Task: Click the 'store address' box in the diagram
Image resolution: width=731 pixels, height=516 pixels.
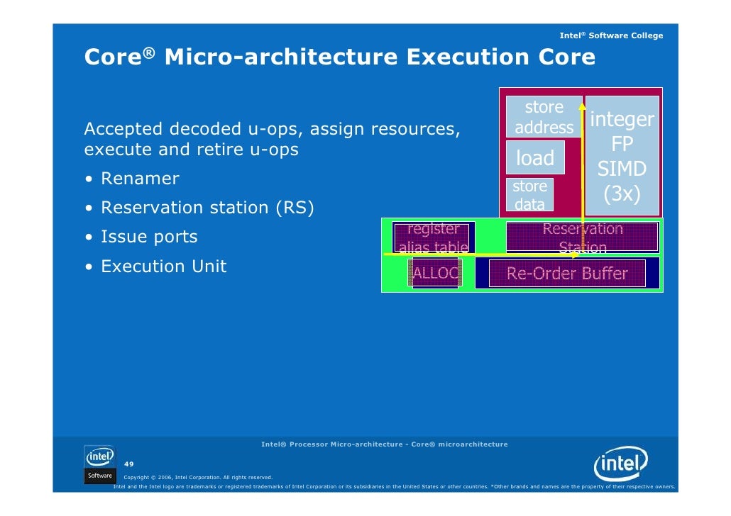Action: [544, 118]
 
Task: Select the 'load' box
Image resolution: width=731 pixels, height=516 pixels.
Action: [535, 157]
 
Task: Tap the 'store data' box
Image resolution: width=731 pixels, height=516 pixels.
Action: [529, 195]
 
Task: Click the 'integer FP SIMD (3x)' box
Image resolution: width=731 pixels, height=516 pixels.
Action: [622, 157]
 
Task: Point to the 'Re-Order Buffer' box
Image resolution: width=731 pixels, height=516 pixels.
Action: [567, 274]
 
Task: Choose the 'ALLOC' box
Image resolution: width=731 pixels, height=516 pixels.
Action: [435, 273]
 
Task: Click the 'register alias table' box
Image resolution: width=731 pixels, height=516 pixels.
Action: [433, 237]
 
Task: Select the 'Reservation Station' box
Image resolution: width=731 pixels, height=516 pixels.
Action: [582, 237]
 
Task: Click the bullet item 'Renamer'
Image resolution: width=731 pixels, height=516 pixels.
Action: [140, 179]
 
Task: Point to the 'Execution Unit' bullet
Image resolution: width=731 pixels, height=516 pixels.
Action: [164, 267]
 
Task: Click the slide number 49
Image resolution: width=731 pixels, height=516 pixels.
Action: [129, 464]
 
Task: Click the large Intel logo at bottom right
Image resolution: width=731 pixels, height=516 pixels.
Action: [621, 466]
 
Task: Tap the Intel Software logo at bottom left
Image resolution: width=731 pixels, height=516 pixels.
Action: [99, 464]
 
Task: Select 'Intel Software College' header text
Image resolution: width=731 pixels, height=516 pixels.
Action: [611, 35]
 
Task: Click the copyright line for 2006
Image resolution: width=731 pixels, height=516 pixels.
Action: [198, 477]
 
